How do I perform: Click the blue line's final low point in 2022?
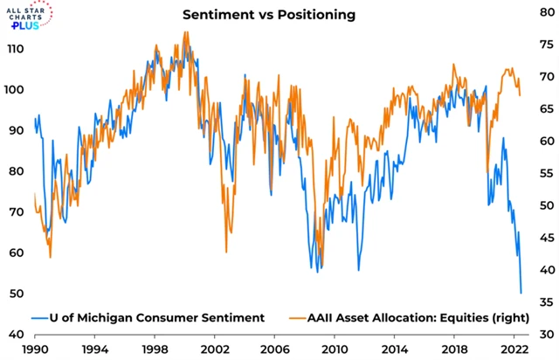(521, 293)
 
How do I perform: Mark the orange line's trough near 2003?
(226, 252)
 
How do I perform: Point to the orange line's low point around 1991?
(51, 257)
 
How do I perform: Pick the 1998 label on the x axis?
(155, 347)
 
